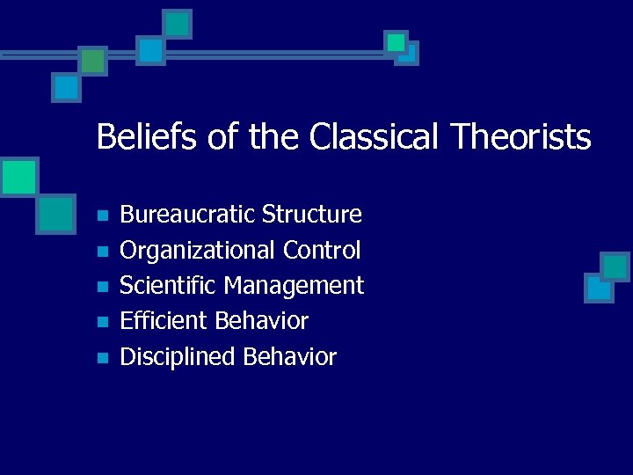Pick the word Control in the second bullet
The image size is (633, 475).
pyautogui.click(x=322, y=251)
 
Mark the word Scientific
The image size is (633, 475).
pyautogui.click(x=168, y=286)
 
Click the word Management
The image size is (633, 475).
pyautogui.click(x=294, y=286)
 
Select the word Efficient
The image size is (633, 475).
pyautogui.click(x=164, y=321)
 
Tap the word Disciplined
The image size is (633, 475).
pyautogui.click(x=178, y=357)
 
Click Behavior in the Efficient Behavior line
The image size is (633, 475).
pyautogui.click(x=262, y=321)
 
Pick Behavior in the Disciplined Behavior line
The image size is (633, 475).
pyautogui.click(x=290, y=357)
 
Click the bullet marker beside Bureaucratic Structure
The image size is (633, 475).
pyautogui.click(x=102, y=216)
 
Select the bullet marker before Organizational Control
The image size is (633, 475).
pyautogui.click(x=102, y=252)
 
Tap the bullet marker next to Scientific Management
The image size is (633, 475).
pyautogui.click(x=102, y=287)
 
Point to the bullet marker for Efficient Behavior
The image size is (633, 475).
pyautogui.click(x=102, y=322)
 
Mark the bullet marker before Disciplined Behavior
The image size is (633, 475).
pyautogui.click(x=102, y=358)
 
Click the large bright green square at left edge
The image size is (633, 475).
pyautogui.click(x=18, y=177)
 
